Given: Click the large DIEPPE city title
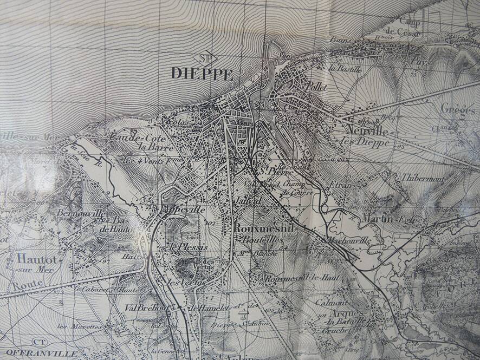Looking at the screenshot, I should click(202, 73).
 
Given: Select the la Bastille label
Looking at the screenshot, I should click(341, 69).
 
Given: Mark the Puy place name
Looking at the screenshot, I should click(417, 62).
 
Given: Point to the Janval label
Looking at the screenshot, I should click(249, 200).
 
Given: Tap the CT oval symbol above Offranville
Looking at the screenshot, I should click(38, 342).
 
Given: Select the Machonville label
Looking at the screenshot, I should click(347, 240).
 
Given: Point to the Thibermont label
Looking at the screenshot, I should click(423, 177).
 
